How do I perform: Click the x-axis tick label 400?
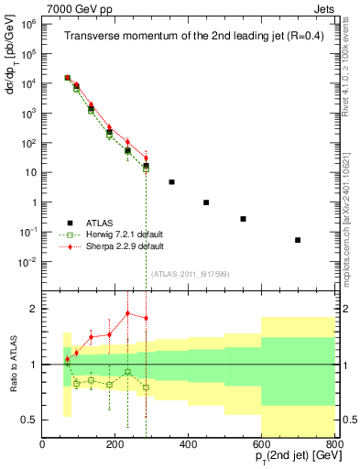pos(189,444)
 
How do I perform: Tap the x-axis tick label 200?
pos(115,444)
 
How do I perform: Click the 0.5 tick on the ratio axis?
pos(31,420)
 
